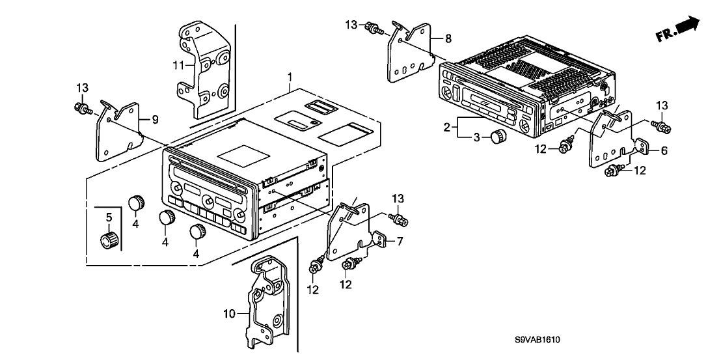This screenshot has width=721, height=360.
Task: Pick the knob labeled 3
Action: pyautogui.click(x=498, y=137)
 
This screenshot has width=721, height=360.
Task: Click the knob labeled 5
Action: pyautogui.click(x=107, y=240)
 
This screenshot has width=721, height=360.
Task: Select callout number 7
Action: pyautogui.click(x=400, y=241)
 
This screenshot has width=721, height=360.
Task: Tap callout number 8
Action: pyautogui.click(x=448, y=39)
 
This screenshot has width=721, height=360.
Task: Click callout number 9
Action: pyautogui.click(x=155, y=118)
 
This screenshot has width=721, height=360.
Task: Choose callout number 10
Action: pyautogui.click(x=229, y=314)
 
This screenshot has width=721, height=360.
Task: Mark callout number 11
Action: pyautogui.click(x=179, y=65)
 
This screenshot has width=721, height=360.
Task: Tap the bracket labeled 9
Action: pyautogui.click(x=120, y=130)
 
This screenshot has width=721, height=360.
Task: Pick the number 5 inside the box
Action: pyautogui.click(x=109, y=217)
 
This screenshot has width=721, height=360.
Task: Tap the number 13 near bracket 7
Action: pyautogui.click(x=398, y=198)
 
